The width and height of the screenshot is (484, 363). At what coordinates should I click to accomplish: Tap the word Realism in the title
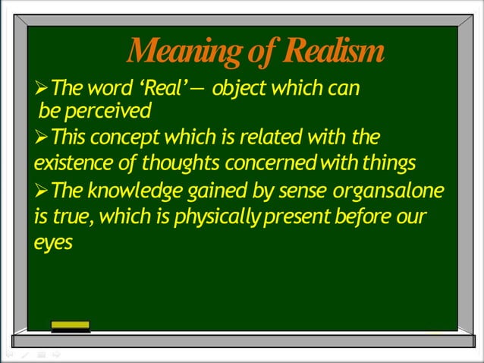[333, 52]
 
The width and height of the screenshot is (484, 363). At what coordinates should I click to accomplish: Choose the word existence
[72, 163]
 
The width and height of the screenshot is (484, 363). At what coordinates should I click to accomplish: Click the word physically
[220, 217]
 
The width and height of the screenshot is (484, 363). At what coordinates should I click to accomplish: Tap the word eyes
[54, 243]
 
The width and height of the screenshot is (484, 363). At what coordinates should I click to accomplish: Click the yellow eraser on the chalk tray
[71, 325]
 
